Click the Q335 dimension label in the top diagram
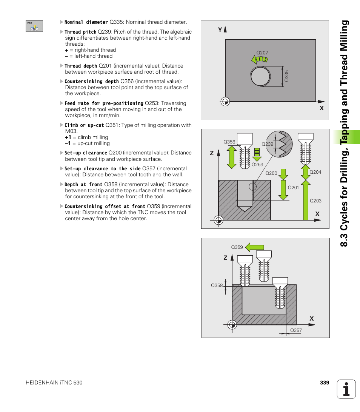(286, 76)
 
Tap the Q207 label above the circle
(262, 53)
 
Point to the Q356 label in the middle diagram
(229, 142)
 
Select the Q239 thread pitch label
(267, 144)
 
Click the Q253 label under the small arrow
(257, 164)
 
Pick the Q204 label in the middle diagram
(315, 172)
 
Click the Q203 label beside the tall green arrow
(315, 201)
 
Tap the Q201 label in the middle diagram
(293, 188)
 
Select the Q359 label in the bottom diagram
(237, 247)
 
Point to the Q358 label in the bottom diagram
(217, 285)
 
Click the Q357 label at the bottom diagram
(296, 331)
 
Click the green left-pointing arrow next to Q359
(254, 247)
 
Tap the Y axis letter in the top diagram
(220, 29)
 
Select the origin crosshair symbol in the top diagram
(225, 101)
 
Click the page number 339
(325, 383)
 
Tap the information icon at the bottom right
(346, 389)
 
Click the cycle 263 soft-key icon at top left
(34, 26)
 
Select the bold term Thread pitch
(80, 32)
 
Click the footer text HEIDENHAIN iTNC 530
(54, 383)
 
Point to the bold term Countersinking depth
(92, 82)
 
